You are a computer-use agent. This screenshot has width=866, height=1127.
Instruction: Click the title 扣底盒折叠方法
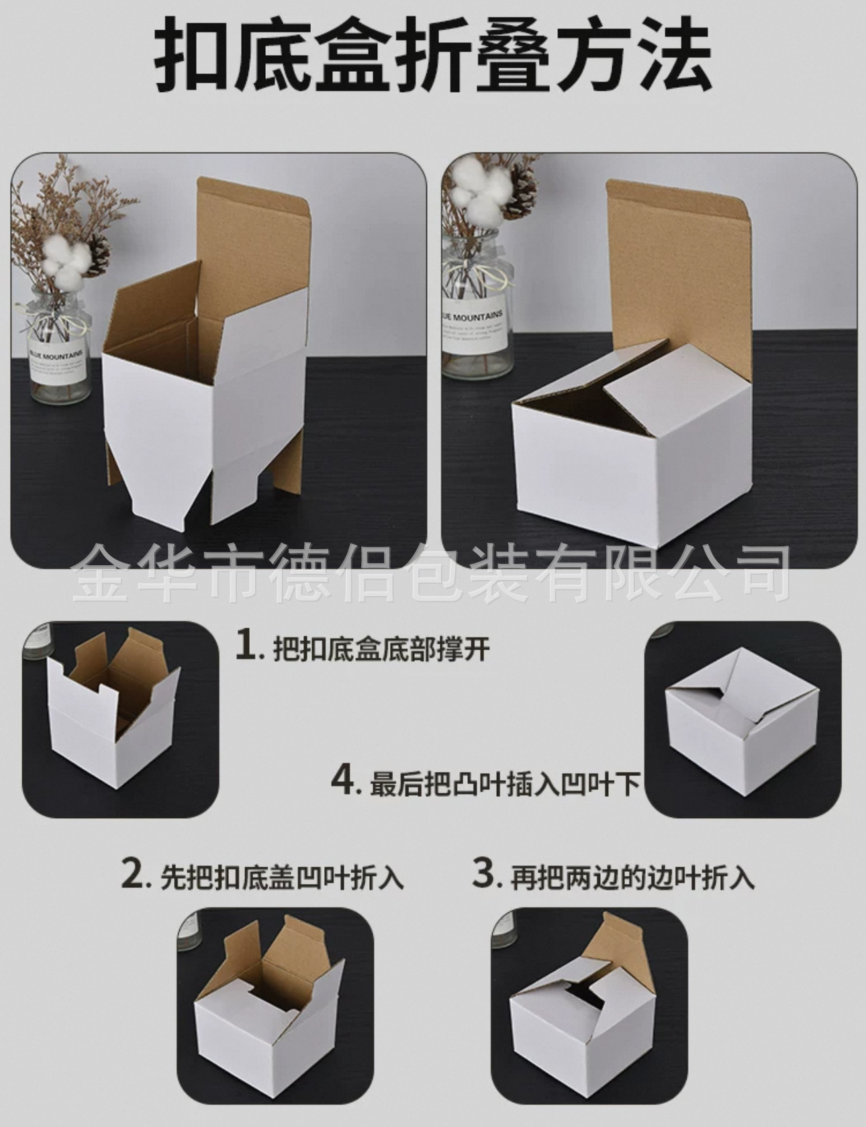coord(433,56)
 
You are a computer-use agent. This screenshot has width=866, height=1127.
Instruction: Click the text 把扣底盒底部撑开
coord(381,649)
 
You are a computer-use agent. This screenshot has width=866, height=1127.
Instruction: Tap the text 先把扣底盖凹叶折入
coord(281,878)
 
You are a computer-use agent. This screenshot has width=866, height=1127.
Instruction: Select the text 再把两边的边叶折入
coord(632,878)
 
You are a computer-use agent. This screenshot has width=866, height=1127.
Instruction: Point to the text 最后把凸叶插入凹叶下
coord(505,784)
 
